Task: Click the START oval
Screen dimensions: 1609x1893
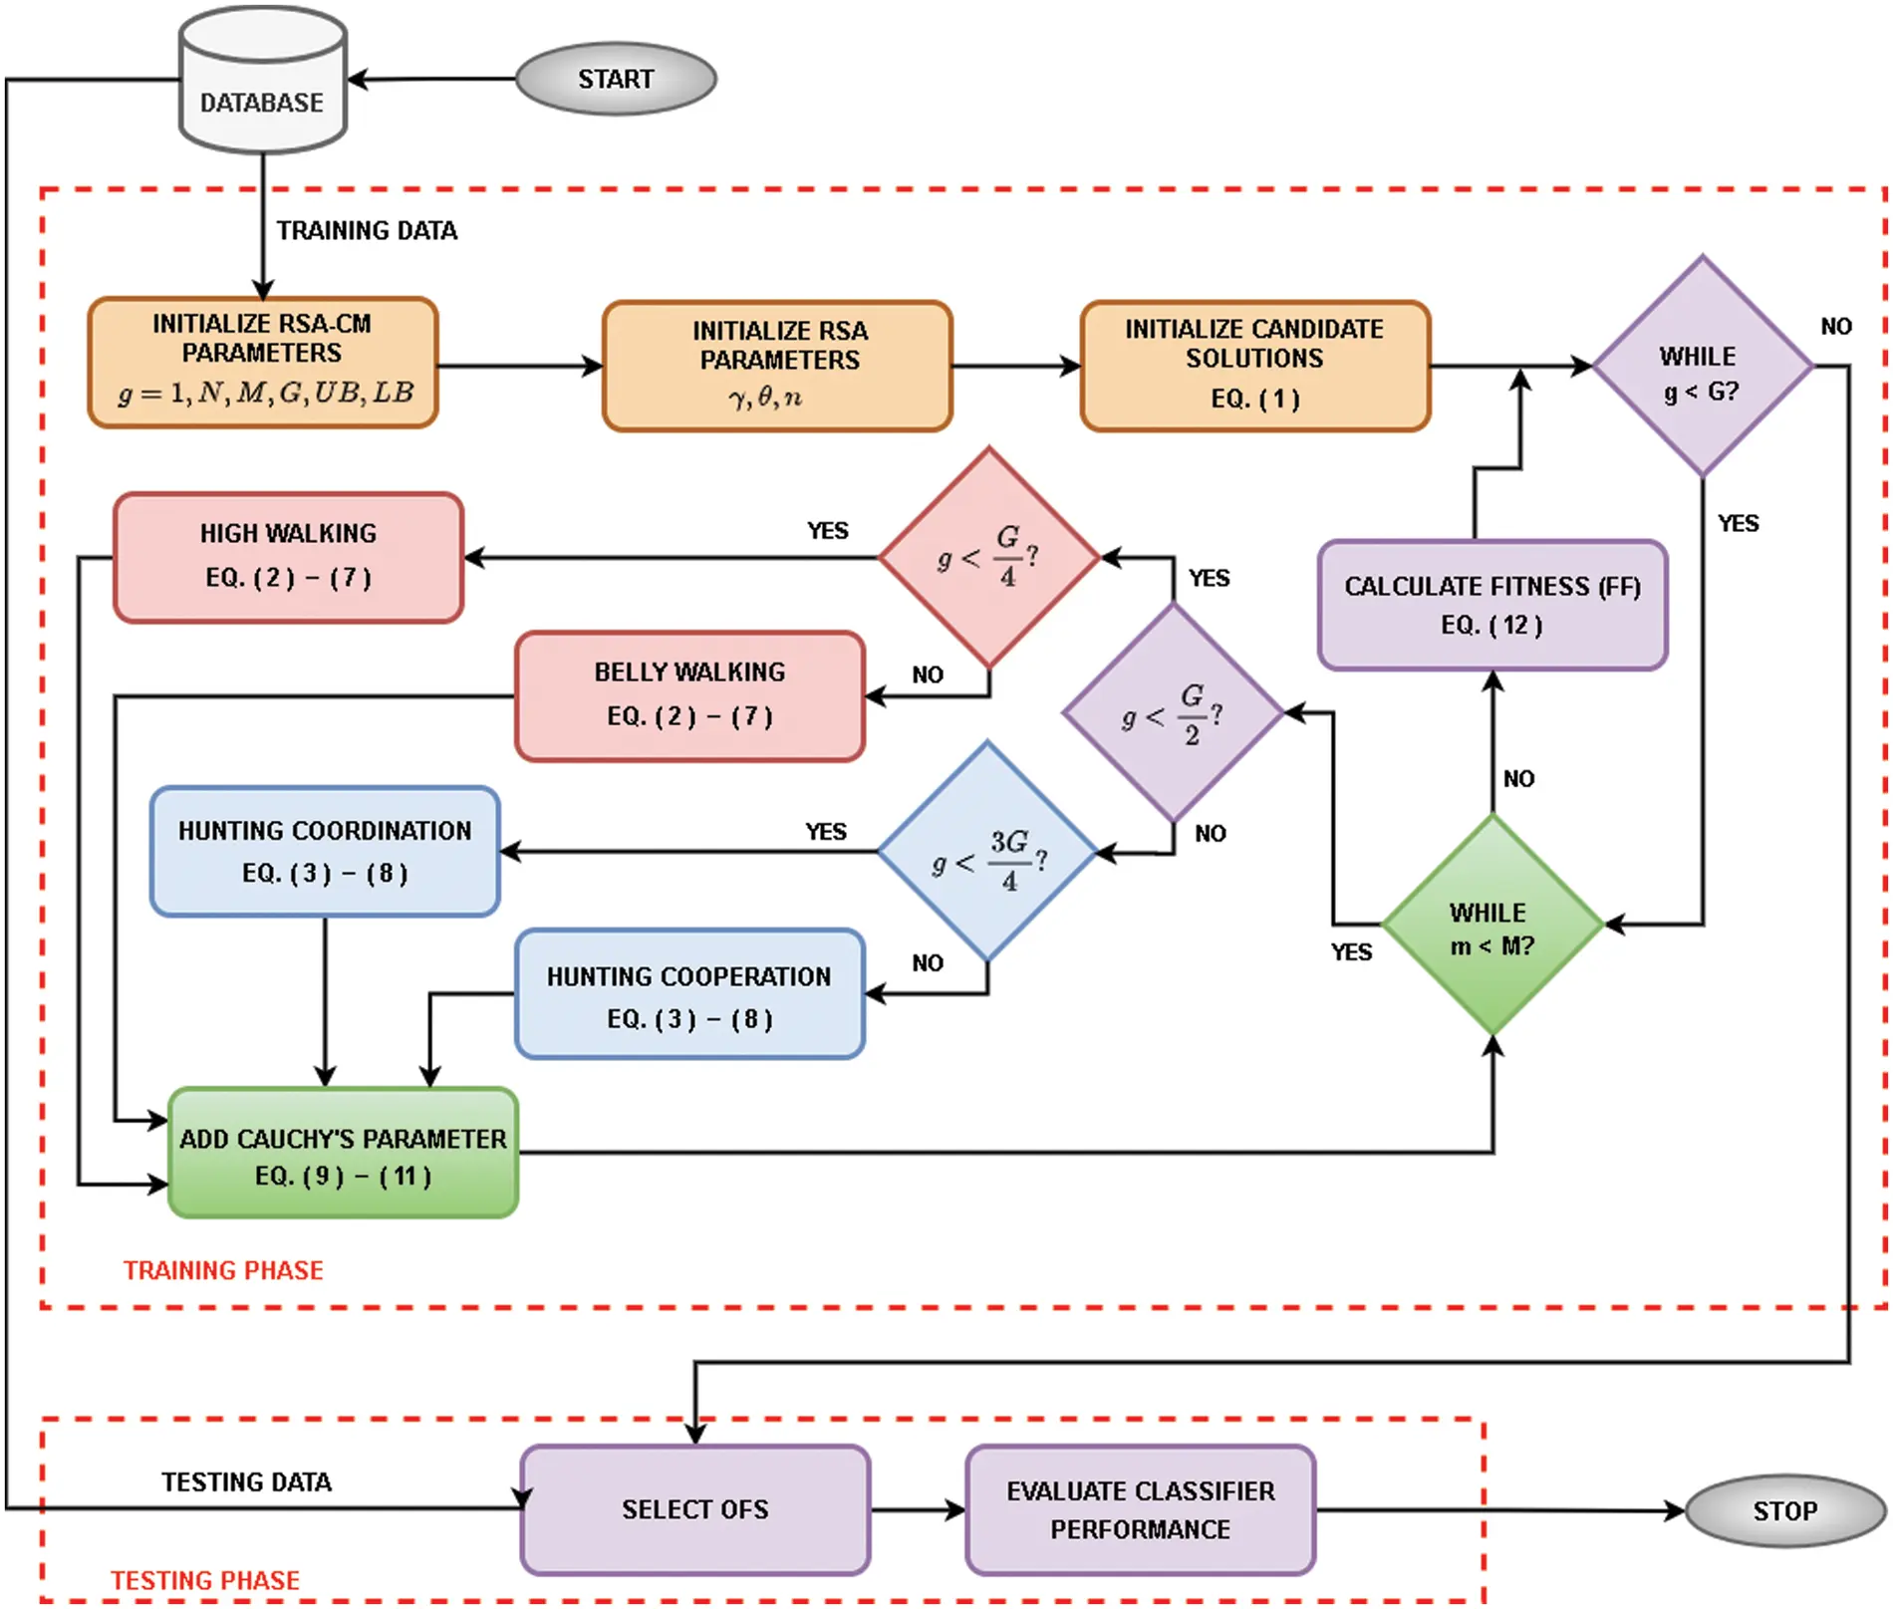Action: click(616, 79)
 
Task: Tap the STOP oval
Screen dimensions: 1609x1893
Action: click(1783, 1510)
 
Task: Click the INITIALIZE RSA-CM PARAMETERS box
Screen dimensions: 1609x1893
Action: click(263, 363)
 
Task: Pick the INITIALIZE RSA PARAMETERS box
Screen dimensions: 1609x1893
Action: click(778, 366)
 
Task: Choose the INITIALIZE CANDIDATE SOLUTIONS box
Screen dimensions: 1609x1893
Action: click(1254, 366)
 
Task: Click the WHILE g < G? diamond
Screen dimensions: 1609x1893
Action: click(1702, 367)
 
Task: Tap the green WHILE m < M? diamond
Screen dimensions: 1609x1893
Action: click(1491, 926)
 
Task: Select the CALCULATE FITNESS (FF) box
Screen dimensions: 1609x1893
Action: click(1491, 605)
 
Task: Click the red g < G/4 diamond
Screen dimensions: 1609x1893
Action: click(988, 558)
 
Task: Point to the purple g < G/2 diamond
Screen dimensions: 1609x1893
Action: click(1173, 713)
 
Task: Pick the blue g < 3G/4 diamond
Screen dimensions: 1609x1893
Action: click(987, 852)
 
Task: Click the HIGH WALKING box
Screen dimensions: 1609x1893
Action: click(288, 557)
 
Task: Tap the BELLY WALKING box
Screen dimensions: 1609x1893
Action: click(689, 695)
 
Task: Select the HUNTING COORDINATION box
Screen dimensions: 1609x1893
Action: click(325, 852)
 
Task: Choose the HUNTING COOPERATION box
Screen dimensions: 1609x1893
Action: click(689, 994)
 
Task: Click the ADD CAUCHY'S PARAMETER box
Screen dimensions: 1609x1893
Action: click(343, 1153)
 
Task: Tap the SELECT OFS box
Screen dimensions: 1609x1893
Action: click(694, 1509)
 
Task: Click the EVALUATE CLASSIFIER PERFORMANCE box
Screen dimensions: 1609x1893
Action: click(1140, 1509)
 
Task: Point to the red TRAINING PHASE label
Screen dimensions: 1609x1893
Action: click(223, 1270)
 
